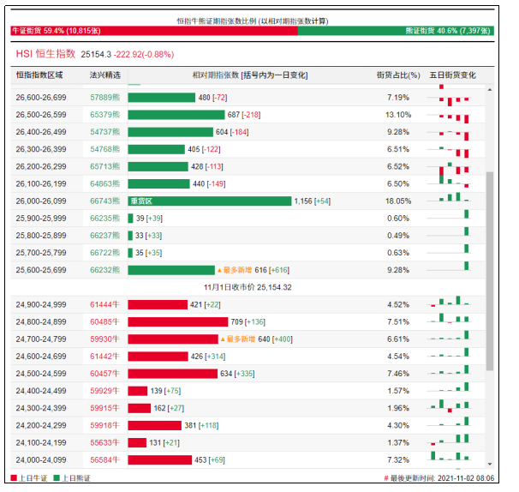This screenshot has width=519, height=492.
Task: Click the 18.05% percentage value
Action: [398, 201]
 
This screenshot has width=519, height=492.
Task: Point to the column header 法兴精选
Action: [105, 75]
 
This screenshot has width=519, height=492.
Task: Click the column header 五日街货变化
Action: [452, 75]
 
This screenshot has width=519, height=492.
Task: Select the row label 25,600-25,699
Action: [42, 269]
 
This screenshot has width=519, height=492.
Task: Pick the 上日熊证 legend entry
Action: [72, 478]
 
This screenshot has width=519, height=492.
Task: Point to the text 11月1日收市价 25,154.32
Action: [248, 287]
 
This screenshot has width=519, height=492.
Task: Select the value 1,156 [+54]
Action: [313, 201]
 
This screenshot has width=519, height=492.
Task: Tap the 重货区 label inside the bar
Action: [141, 201]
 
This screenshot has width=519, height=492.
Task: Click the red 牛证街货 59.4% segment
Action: [154, 30]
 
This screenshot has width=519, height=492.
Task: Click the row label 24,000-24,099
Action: [42, 459]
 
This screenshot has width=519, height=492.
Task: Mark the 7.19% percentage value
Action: [398, 98]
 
